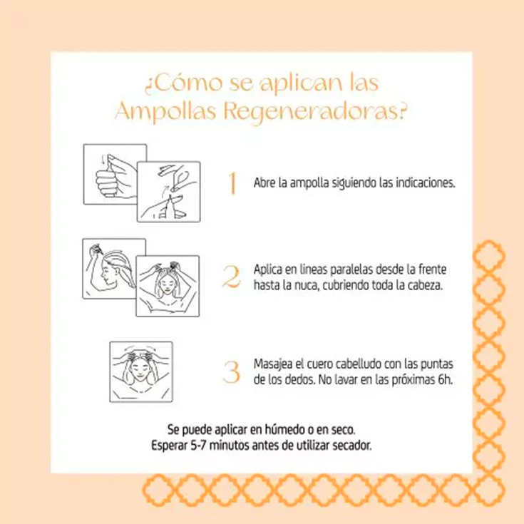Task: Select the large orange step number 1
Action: pos(231,183)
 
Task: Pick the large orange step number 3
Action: pos(231,372)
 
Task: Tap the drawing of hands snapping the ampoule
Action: pos(168,192)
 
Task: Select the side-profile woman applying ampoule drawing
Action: pos(114,269)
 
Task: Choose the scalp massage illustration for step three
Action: pos(141,371)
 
